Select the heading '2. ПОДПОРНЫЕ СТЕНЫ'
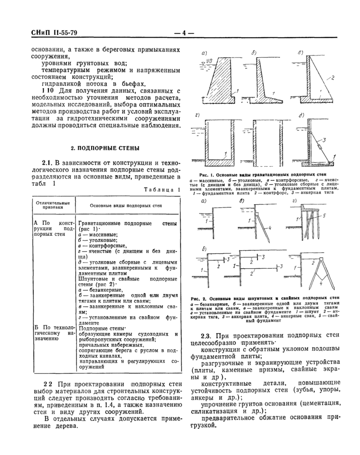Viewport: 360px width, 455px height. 105,148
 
